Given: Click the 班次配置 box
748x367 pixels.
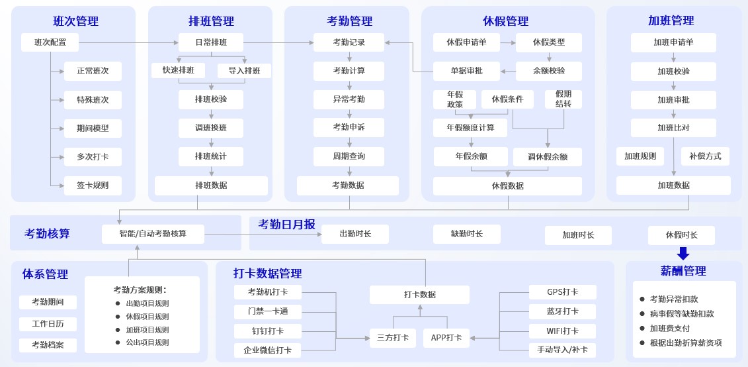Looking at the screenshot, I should pos(50,42).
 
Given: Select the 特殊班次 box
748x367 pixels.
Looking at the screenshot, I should pos(93,100).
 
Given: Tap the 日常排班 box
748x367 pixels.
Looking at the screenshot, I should pos(210,42).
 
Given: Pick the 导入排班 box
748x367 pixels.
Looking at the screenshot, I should pos(244,71).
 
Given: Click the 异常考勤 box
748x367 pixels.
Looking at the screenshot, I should pos(349,99).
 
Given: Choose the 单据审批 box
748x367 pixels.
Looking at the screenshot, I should pos(466,71).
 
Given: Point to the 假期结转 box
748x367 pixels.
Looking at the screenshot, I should pos(563,99).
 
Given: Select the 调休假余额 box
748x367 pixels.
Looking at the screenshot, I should pos(547,157).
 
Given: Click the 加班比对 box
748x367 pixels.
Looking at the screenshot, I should pos(673,128).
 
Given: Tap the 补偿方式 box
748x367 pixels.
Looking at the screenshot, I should pos(705,156).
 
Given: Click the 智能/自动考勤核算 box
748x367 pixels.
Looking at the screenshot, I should pos(153,234).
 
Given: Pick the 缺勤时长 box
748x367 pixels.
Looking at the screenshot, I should pos(466,234).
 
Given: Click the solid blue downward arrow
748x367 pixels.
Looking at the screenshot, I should pos(683,253).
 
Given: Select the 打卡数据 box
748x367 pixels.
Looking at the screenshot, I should pos(419,295).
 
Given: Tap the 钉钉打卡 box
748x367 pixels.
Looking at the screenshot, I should pos(267,331).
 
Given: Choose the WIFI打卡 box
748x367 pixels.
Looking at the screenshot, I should pos(562,331).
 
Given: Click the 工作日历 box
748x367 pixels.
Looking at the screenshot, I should pos(48,324).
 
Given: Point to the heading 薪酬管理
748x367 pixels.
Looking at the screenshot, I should pos(683,271).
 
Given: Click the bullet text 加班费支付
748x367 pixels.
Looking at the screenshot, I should pos(670,329).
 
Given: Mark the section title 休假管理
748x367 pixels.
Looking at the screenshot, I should pos(505,21).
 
